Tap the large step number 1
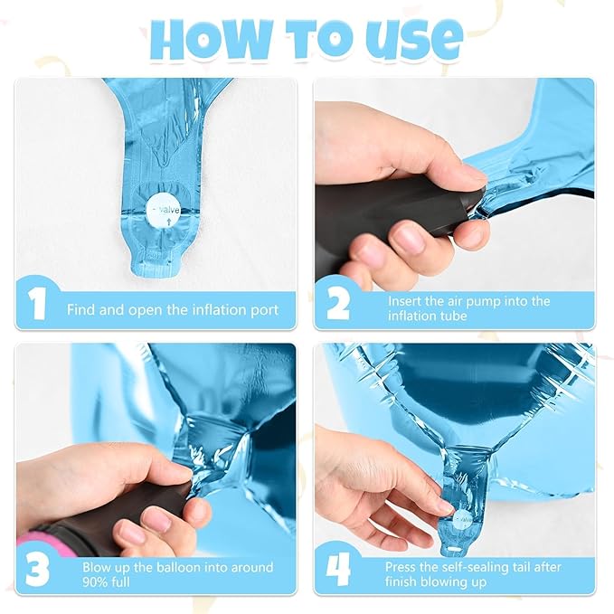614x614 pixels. [x=37, y=304]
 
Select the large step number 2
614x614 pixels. [x=337, y=304]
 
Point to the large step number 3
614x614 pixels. [x=37, y=570]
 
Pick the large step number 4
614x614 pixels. [x=337, y=570]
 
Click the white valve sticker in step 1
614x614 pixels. [x=164, y=213]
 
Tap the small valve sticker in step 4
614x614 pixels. [x=463, y=520]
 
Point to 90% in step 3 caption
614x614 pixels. [x=93, y=582]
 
